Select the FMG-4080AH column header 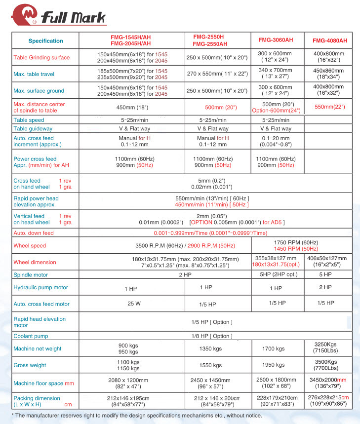pyautogui.click(x=329, y=40)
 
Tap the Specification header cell pyautogui.click(x=45, y=41)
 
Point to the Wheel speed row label pyautogui.click(x=30, y=246)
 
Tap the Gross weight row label pyautogui.click(x=30, y=365)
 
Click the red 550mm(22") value pyautogui.click(x=329, y=107)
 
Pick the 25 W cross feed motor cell pyautogui.click(x=131, y=304)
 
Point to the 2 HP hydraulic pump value pyautogui.click(x=325, y=287)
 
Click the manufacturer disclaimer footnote pyautogui.click(x=136, y=416)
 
